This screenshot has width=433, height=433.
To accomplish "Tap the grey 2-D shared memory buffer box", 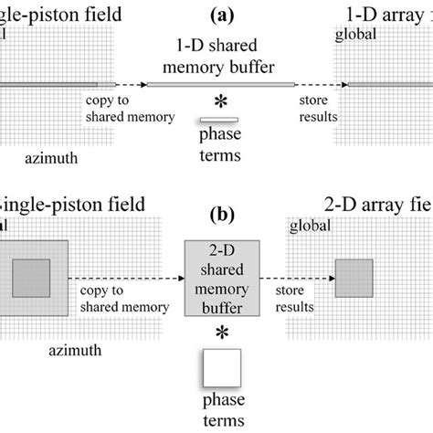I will [x=220, y=276].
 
